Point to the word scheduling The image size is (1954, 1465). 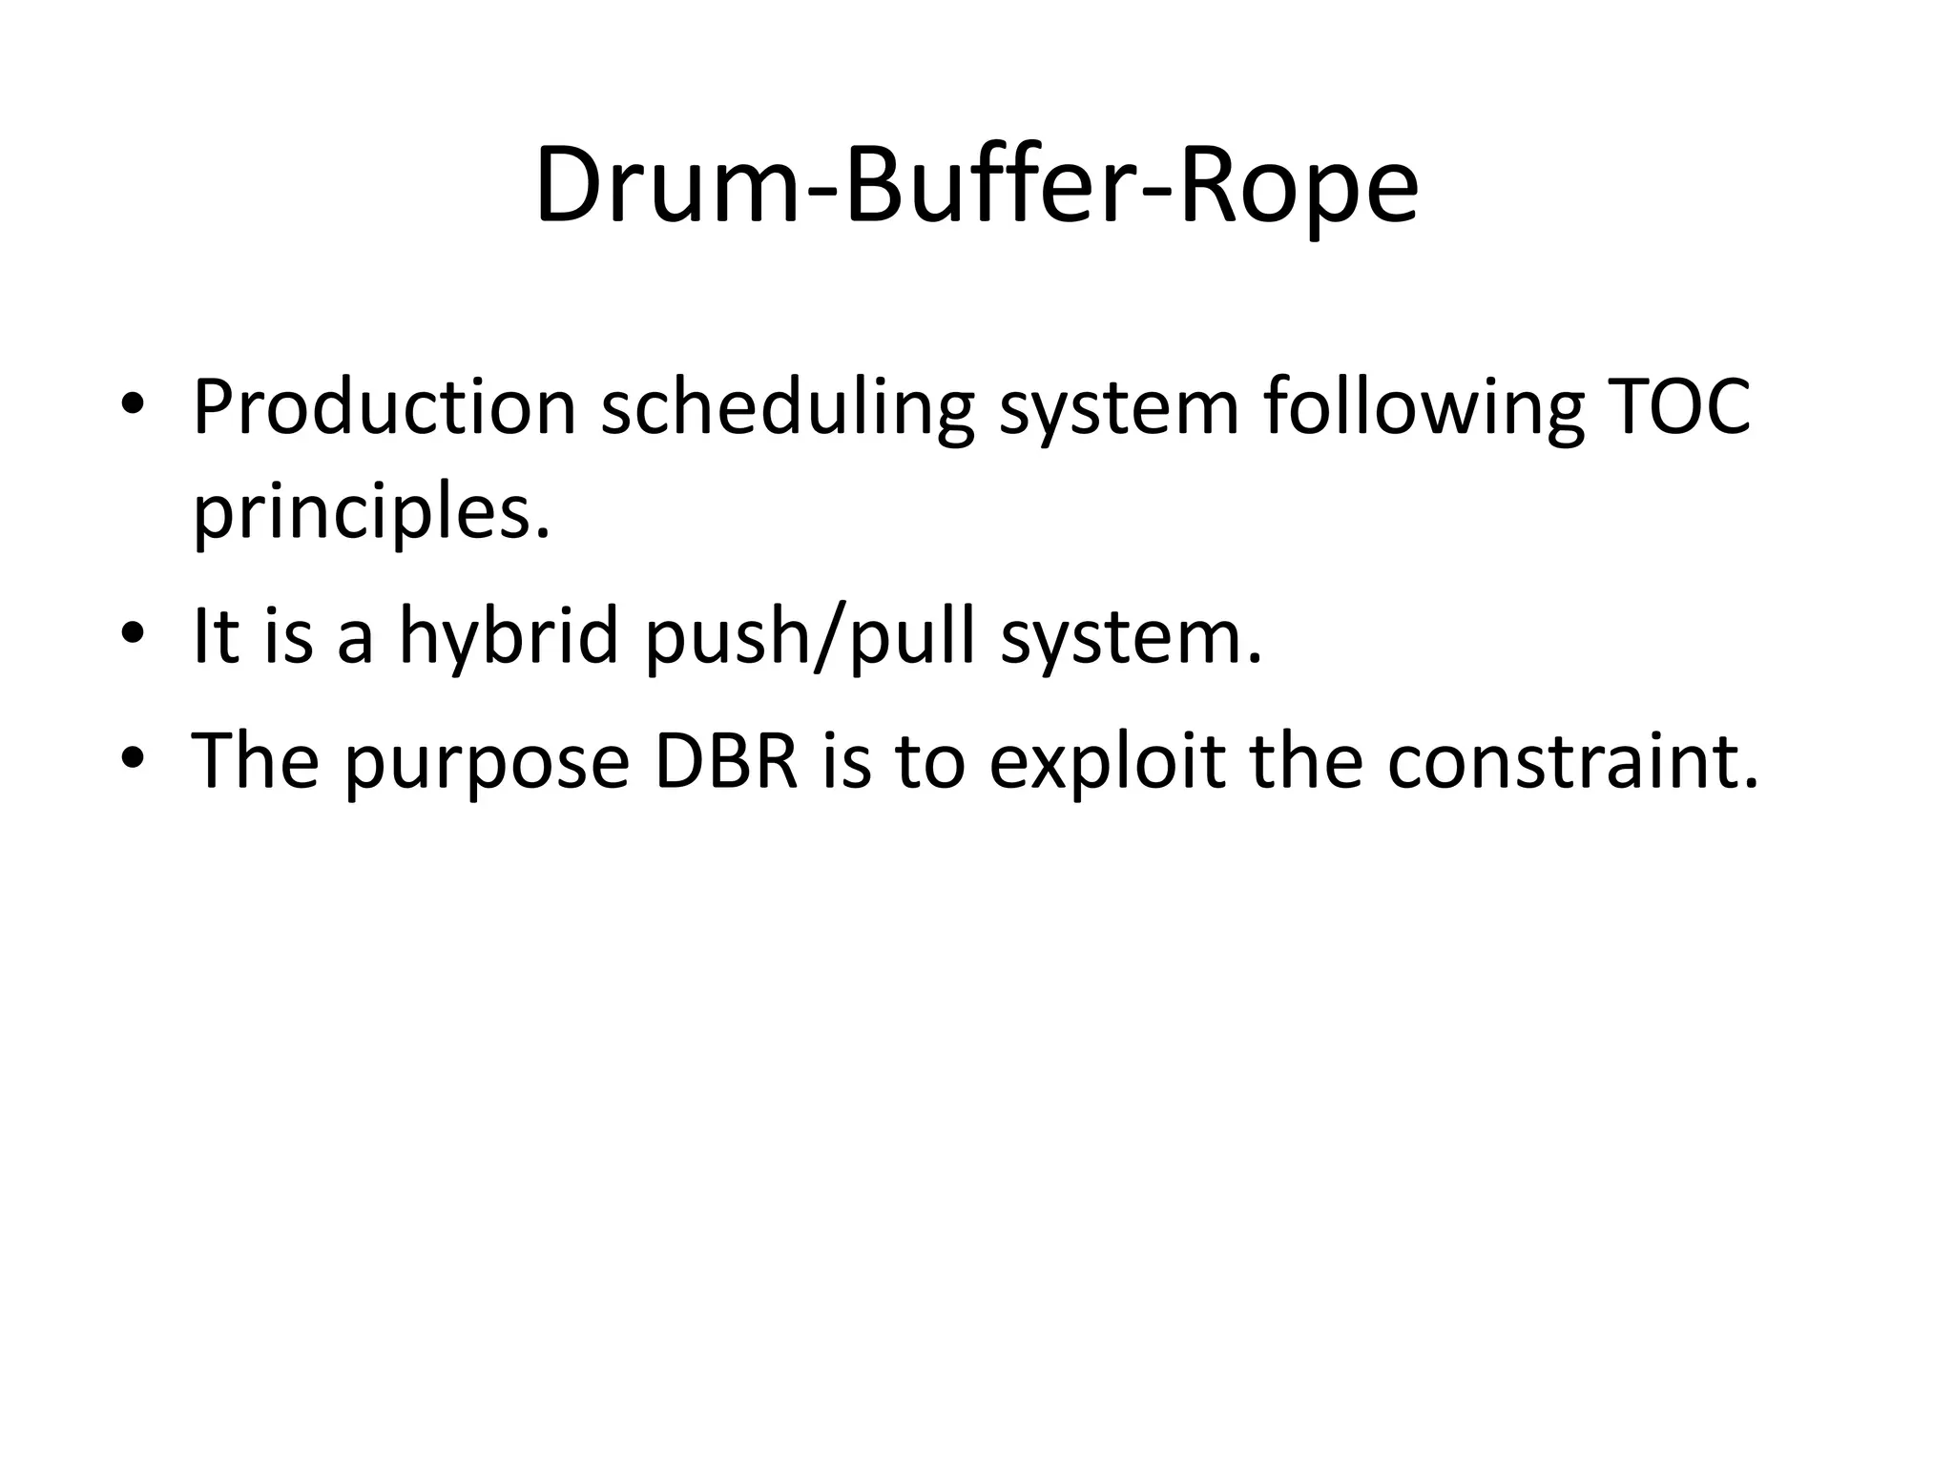tap(787, 407)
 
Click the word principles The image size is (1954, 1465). tap(372, 512)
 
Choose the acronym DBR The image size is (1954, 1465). tap(726, 760)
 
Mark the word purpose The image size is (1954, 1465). tap(487, 760)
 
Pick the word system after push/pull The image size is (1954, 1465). tap(1131, 636)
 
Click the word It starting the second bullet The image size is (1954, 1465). tap(215, 636)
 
